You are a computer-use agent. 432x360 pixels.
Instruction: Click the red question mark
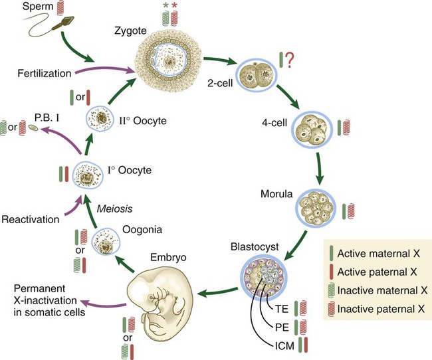click(x=290, y=62)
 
